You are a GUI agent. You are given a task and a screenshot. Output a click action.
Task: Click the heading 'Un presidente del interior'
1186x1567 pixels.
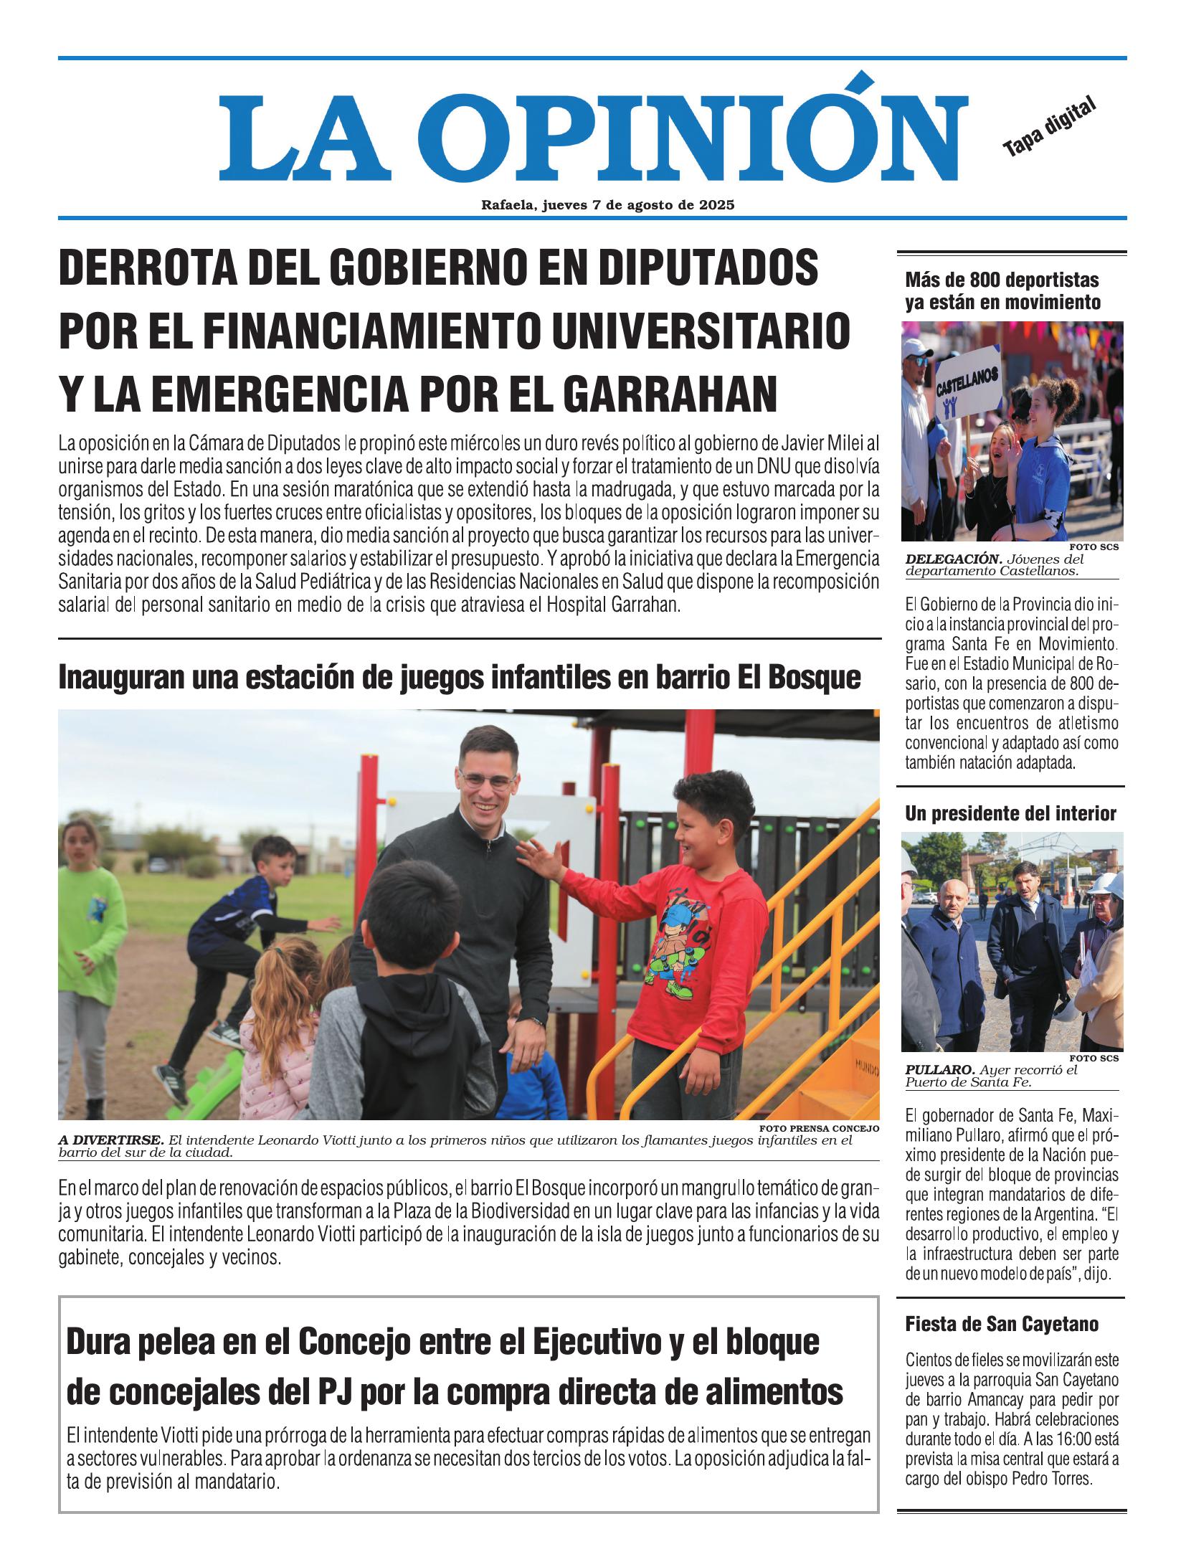coord(1010,813)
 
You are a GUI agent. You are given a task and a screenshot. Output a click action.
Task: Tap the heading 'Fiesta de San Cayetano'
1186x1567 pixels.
coord(1001,1323)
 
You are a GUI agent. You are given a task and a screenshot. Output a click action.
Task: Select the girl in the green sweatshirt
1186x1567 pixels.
coord(91,932)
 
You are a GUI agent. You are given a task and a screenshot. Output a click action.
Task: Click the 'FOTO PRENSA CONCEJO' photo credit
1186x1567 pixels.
coord(818,1129)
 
